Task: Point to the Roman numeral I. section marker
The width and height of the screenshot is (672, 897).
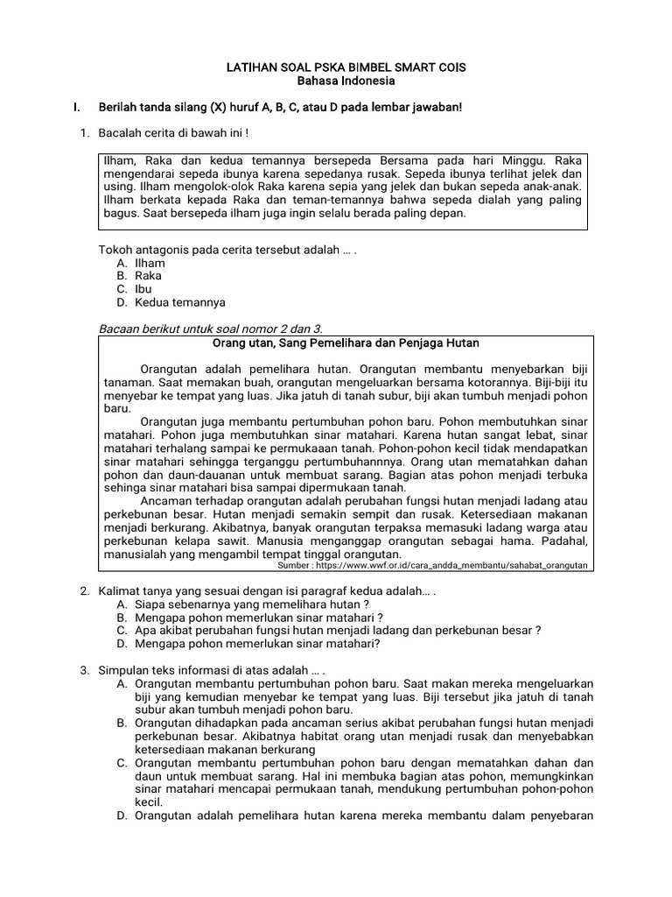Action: click(78, 107)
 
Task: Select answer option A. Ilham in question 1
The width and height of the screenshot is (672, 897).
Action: click(141, 263)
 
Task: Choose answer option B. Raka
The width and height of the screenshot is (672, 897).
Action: click(141, 276)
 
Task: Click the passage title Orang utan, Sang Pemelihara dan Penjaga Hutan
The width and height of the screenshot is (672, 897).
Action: click(346, 343)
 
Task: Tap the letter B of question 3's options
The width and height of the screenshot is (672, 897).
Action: click(121, 723)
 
